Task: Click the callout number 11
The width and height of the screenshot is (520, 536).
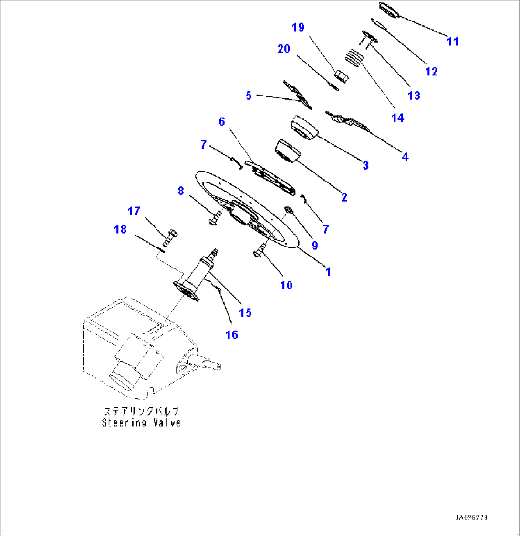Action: point(452,42)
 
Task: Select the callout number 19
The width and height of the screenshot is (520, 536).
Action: point(298,27)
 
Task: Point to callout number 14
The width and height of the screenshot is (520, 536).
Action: point(397,118)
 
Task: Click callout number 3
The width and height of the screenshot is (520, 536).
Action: point(365,165)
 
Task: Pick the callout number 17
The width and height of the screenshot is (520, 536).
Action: point(134,211)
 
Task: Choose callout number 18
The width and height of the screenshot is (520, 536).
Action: point(120,229)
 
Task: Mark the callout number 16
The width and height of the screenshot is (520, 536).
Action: point(231,334)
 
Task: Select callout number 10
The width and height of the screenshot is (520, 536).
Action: point(286,285)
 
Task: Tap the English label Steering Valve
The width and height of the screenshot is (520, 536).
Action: point(141,423)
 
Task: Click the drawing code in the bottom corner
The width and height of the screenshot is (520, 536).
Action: point(474,518)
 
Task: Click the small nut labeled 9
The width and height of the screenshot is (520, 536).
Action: point(288,209)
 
